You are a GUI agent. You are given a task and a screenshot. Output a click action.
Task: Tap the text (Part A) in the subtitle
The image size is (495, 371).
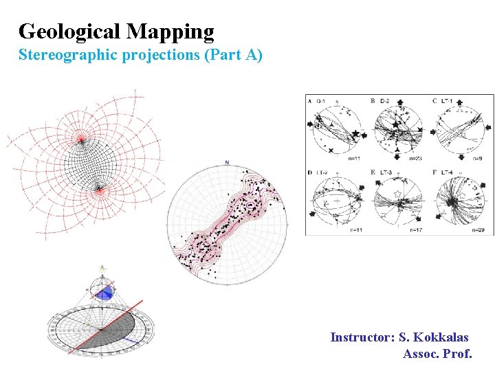(x=233, y=55)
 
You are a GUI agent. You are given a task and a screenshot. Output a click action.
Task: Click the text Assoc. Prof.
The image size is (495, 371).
(x=437, y=354)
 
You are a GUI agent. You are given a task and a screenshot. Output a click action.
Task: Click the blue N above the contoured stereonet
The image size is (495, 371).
(x=226, y=162)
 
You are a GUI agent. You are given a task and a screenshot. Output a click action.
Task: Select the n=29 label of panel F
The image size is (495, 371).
(x=482, y=230)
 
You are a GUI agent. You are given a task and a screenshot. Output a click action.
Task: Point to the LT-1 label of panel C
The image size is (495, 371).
(x=448, y=101)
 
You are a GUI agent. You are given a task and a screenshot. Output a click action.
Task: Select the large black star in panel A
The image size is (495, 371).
(x=355, y=133)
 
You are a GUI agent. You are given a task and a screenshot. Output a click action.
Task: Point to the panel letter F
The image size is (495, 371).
(x=435, y=172)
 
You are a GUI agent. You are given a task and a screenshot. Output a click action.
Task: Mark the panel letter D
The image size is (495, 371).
(x=310, y=172)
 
